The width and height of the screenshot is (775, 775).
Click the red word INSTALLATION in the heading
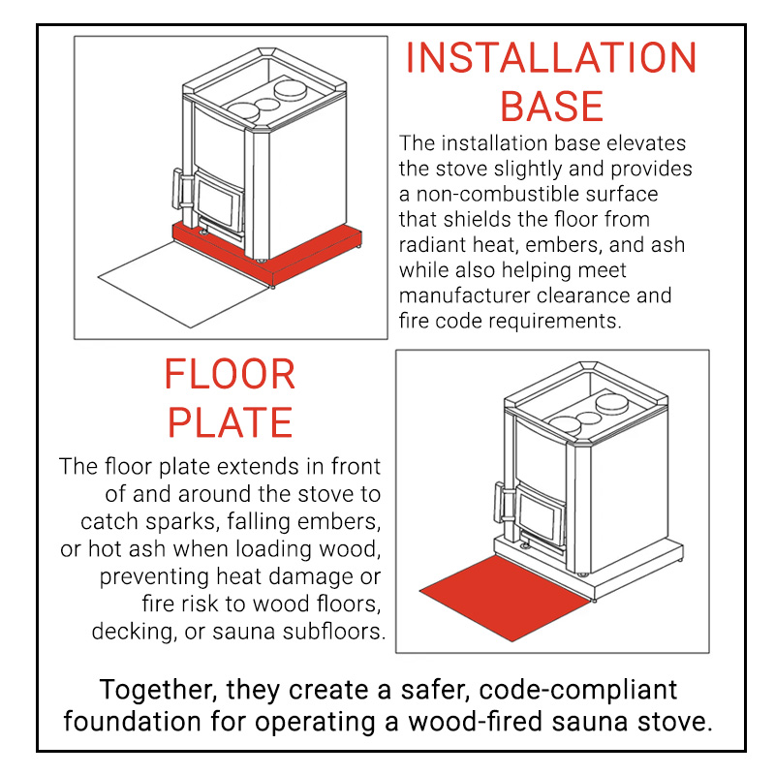[x=550, y=58]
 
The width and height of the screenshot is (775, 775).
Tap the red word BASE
[x=551, y=107]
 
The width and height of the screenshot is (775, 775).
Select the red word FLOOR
[x=230, y=374]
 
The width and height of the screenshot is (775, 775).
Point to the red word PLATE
[x=231, y=422]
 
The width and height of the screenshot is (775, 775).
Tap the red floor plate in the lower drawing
[x=504, y=597]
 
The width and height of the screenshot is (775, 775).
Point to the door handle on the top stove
[x=178, y=189]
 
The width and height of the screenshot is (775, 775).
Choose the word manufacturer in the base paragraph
[x=464, y=295]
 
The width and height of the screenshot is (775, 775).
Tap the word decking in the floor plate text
[x=134, y=633]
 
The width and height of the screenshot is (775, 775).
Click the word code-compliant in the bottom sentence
[x=577, y=691]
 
